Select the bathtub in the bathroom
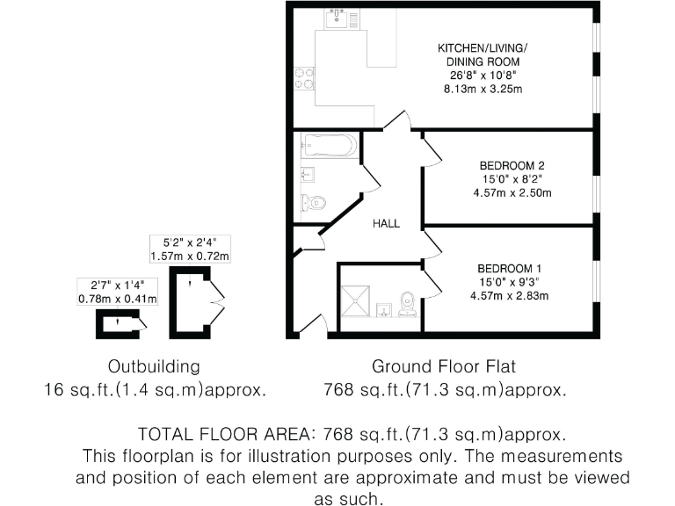tap(329, 144)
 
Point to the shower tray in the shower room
tap(359, 298)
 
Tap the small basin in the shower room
tap(384, 310)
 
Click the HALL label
tap(385, 224)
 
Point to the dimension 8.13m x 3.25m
tap(480, 90)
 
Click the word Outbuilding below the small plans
tap(154, 365)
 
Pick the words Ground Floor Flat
tap(444, 365)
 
